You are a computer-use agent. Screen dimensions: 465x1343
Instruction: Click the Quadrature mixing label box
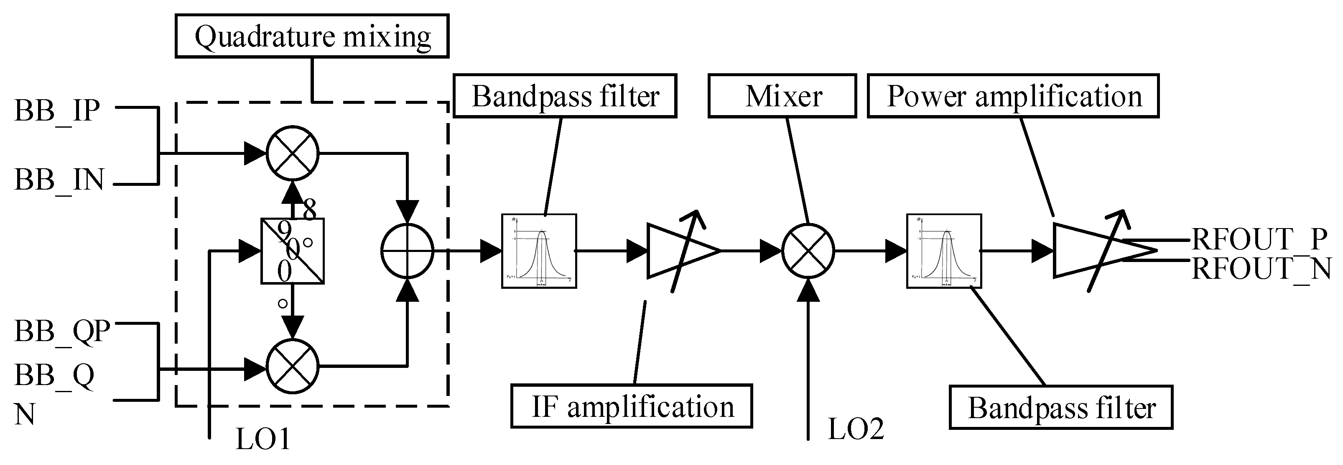(x=312, y=36)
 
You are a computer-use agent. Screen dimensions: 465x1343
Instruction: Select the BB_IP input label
(x=57, y=110)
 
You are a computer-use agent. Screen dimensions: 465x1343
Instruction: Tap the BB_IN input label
(x=59, y=180)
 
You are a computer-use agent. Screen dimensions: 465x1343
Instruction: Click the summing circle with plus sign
(x=407, y=251)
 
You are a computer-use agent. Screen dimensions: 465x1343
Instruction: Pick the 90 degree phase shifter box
(x=293, y=251)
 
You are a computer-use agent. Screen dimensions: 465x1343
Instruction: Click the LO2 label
(x=856, y=429)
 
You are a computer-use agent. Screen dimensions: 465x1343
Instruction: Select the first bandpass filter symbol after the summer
(x=538, y=251)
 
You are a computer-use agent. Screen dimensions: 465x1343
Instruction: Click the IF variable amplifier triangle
(x=680, y=251)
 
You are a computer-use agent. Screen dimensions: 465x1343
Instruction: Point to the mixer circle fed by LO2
(x=808, y=251)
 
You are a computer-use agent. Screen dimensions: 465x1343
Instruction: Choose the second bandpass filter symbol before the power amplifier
(x=944, y=251)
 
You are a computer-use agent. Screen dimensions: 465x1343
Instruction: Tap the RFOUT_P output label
(x=1259, y=239)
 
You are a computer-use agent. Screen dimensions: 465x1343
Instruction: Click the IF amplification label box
(x=631, y=406)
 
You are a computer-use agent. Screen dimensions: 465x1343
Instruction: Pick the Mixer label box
(x=782, y=96)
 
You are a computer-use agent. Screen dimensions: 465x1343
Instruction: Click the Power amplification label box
(x=1013, y=96)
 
